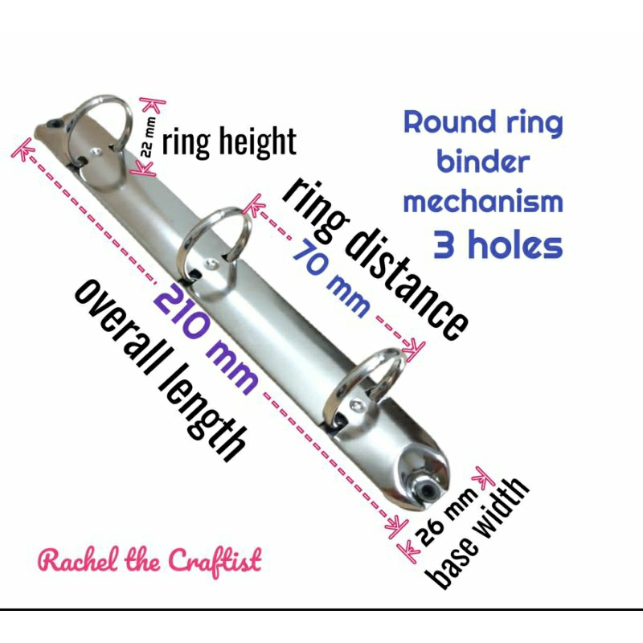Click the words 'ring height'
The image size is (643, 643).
[229, 141]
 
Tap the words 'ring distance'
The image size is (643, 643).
[375, 257]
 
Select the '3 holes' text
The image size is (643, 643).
[498, 244]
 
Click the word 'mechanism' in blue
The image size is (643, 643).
[482, 201]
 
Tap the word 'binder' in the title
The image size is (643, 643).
[483, 162]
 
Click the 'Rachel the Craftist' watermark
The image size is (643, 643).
[150, 560]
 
